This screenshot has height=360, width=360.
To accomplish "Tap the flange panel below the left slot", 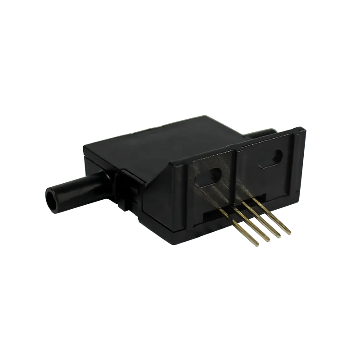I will point(211,198).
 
